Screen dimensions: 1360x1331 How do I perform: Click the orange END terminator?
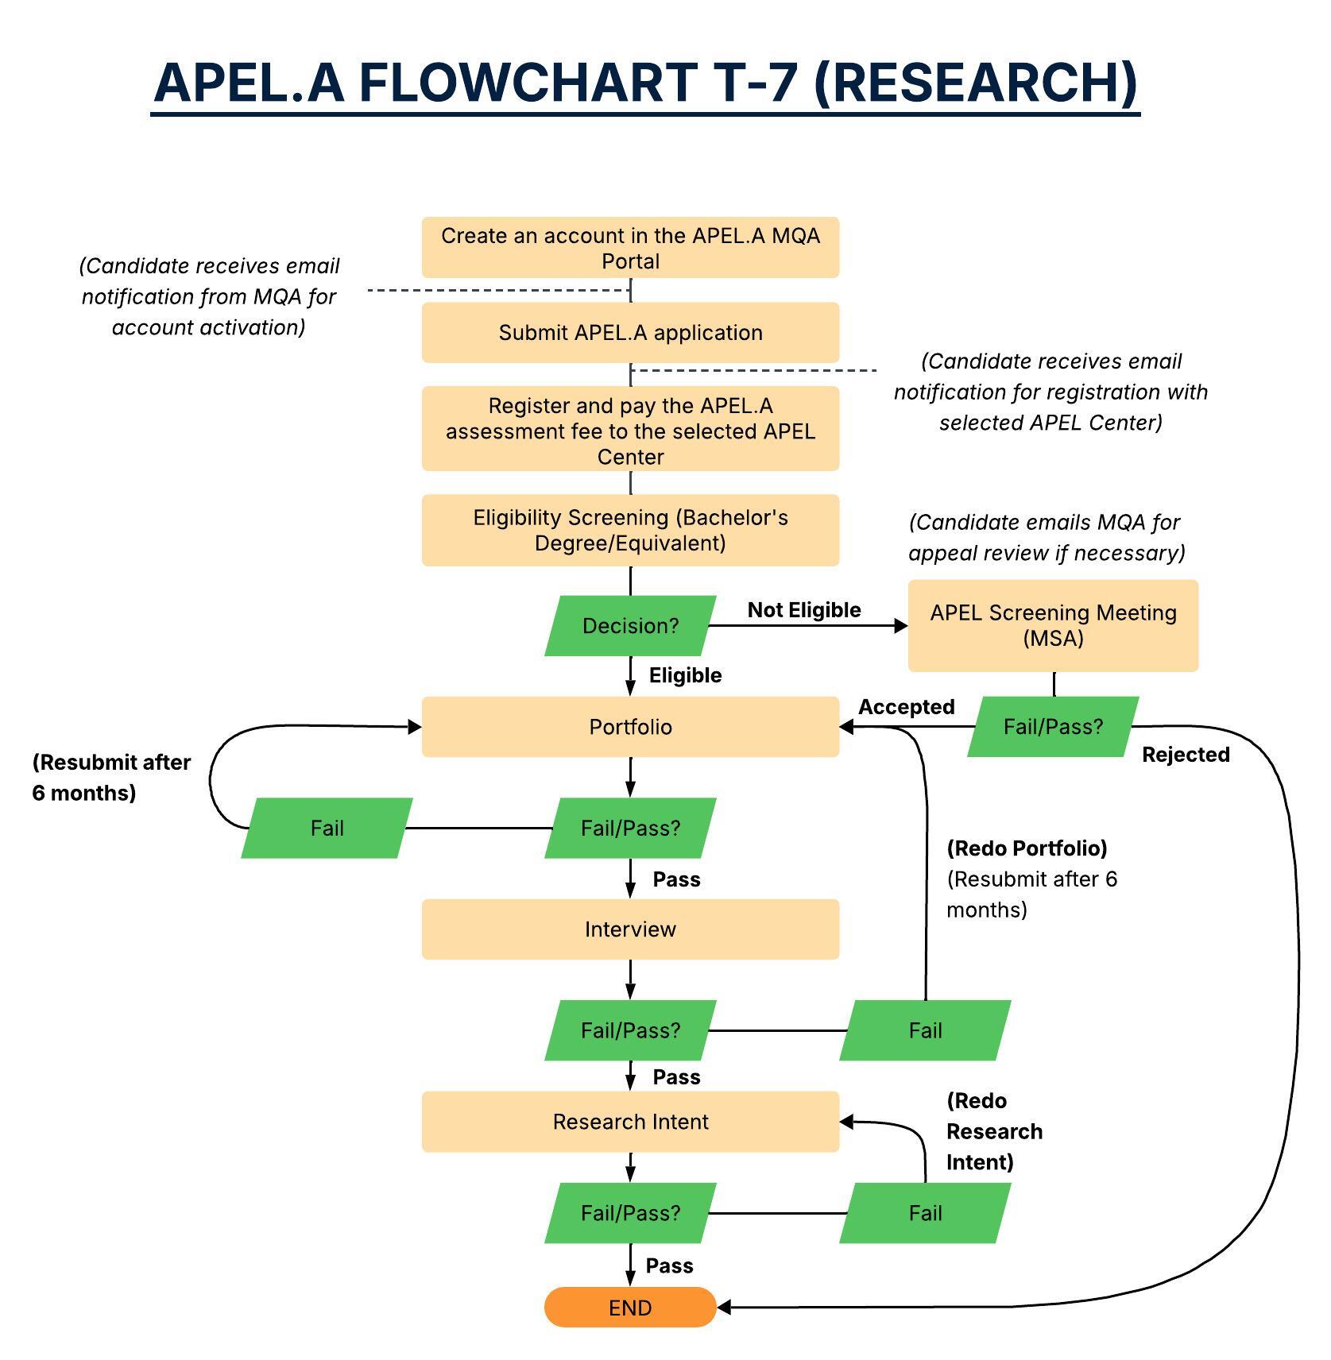630,1307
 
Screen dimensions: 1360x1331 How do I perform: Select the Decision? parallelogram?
630,626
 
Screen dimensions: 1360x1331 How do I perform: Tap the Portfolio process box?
630,727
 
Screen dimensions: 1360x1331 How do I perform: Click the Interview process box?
630,929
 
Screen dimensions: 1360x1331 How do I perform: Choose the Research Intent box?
630,1122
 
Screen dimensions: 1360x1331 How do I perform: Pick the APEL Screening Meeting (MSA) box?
1053,626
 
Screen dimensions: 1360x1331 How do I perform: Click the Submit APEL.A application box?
630,333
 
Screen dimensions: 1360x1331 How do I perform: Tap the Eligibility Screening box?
630,530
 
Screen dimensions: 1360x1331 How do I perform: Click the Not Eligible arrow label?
804,610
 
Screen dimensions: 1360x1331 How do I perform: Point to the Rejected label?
1186,755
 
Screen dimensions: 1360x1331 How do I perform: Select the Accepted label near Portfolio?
906,707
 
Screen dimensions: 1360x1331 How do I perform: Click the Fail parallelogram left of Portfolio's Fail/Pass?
327,829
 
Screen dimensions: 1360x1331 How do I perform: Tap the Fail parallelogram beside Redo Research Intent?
925,1213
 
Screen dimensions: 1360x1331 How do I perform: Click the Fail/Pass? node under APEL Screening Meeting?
1053,727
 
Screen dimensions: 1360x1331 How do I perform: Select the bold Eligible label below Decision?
685,675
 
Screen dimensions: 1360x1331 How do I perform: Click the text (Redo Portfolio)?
1027,848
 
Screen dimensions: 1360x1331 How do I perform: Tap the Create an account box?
630,248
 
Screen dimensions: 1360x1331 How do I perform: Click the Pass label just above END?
669,1265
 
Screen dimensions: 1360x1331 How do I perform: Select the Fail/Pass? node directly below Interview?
630,1030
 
